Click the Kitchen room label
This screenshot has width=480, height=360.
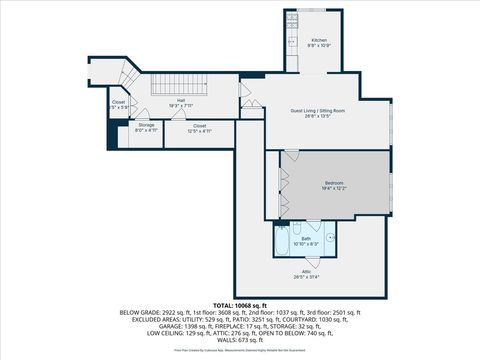click(318, 41)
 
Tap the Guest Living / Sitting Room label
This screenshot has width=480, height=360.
click(317, 110)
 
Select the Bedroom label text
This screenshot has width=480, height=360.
click(334, 182)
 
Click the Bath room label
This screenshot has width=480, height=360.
click(306, 238)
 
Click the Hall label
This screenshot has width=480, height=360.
click(181, 100)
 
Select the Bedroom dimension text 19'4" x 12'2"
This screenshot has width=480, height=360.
click(334, 188)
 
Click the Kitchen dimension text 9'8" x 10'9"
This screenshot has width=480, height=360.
click(318, 46)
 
